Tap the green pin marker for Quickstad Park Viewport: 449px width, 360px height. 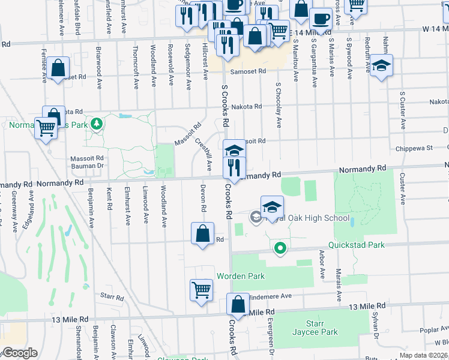(279, 247)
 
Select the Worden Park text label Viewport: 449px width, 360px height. (240, 276)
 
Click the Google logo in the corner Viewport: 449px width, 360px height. (20, 353)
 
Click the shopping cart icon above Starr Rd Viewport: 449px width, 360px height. (202, 289)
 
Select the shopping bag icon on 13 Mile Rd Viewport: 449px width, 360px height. (238, 304)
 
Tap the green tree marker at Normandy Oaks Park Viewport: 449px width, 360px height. (96, 125)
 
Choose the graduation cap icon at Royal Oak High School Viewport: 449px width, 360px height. (272, 206)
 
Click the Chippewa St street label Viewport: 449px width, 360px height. (414, 148)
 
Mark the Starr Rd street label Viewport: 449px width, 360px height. (112, 296)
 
